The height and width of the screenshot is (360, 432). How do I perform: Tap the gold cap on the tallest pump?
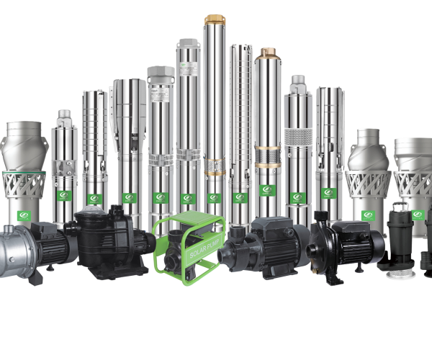215,19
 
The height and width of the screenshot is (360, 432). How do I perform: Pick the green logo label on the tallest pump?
215,197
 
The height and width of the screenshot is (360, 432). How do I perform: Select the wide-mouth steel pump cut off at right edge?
415,180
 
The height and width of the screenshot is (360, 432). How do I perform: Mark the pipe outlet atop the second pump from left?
64,115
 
